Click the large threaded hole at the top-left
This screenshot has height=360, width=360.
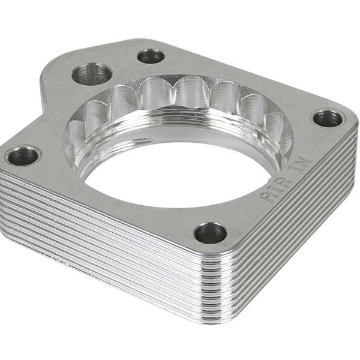coord(92,74)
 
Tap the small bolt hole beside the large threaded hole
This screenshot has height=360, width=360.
coord(151,56)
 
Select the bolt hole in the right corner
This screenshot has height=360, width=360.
coord(328,118)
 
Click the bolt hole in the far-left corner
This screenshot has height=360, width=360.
coord(23,156)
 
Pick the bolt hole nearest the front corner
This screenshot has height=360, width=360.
coord(210,233)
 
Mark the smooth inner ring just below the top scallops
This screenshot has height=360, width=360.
coord(180,117)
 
